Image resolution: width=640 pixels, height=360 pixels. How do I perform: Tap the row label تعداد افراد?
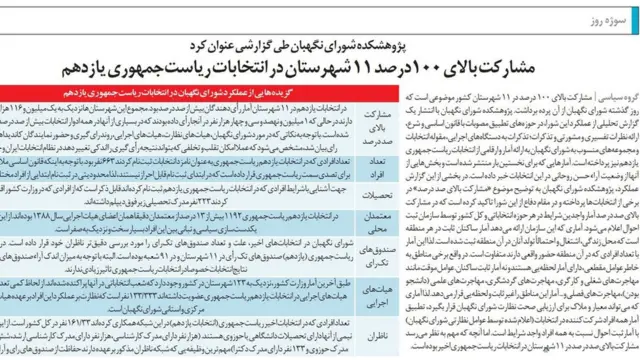point(371,165)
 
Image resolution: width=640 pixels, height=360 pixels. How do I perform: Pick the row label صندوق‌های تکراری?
point(371,266)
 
